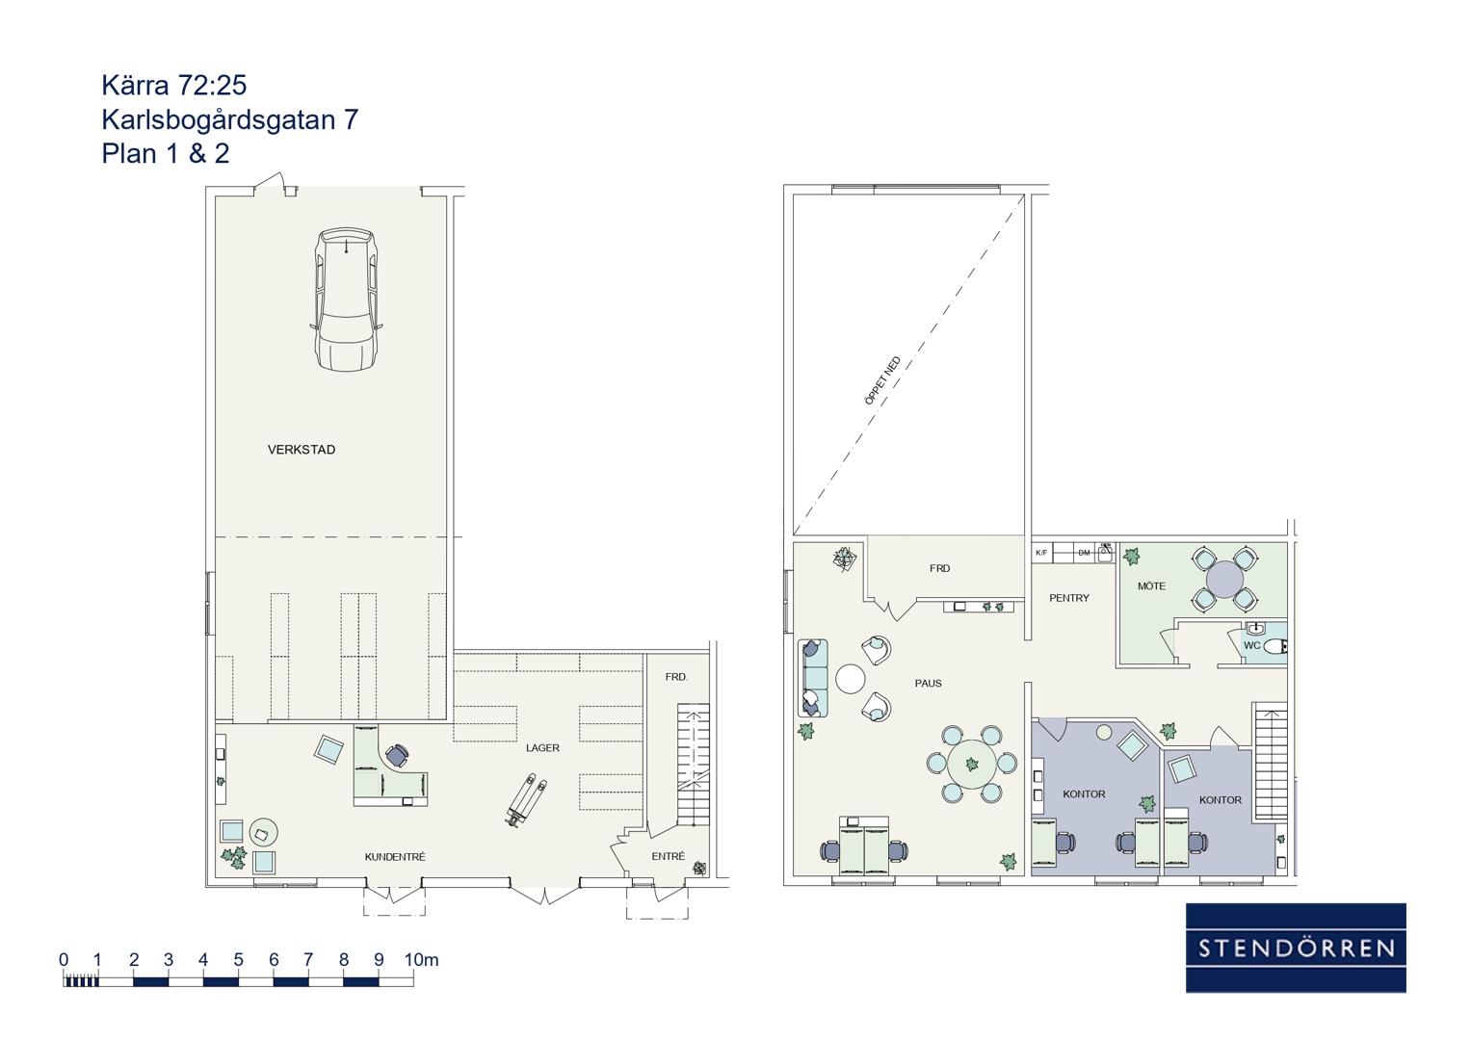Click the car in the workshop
[346, 299]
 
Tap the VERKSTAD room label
[302, 450]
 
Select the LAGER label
[542, 748]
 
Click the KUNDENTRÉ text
[395, 857]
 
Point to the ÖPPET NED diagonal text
[882, 380]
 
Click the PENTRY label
[1069, 598]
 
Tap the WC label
[1251, 645]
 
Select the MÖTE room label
[1152, 586]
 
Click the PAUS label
[928, 684]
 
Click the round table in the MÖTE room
[1224, 579]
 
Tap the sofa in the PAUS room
[813, 678]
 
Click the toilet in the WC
[1274, 647]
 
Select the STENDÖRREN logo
[1296, 948]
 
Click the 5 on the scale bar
[238, 960]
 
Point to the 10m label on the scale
[421, 960]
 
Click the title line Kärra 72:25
[174, 86]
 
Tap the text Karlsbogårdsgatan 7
[230, 119]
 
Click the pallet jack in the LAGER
[525, 799]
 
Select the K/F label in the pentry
[1041, 553]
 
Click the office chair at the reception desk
[397, 755]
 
